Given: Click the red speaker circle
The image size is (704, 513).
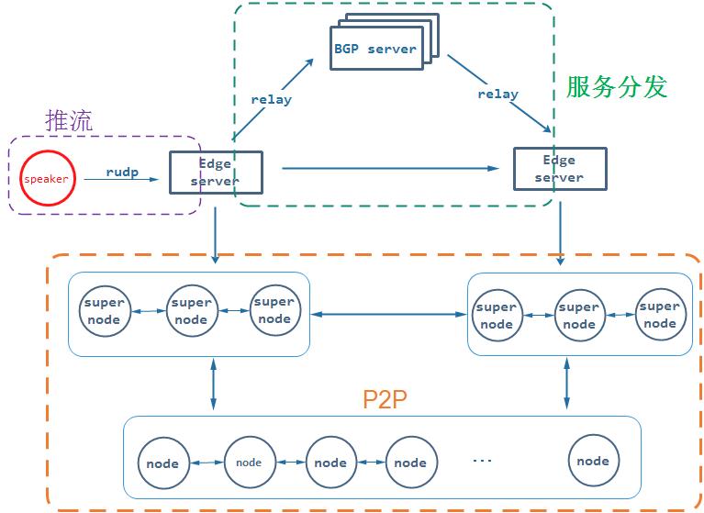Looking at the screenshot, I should [46, 178].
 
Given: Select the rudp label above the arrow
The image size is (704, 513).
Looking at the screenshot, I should [123, 171].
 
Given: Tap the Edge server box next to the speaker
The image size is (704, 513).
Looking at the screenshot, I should [217, 173].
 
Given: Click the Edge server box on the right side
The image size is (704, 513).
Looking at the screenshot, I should [559, 169].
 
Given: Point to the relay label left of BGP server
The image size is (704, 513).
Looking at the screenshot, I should [271, 99].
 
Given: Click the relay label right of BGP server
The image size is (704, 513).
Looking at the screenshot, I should [497, 94].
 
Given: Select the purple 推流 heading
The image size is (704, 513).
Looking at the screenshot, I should [69, 120].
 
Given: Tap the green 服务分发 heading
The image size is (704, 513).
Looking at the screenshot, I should [617, 87].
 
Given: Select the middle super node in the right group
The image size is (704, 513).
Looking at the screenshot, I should [578, 316].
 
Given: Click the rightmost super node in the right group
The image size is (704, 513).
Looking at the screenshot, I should [659, 315].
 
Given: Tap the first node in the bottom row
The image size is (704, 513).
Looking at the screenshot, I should [163, 463].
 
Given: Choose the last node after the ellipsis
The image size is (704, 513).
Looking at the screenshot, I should [593, 461].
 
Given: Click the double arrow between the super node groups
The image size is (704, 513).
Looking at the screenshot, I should [388, 315].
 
